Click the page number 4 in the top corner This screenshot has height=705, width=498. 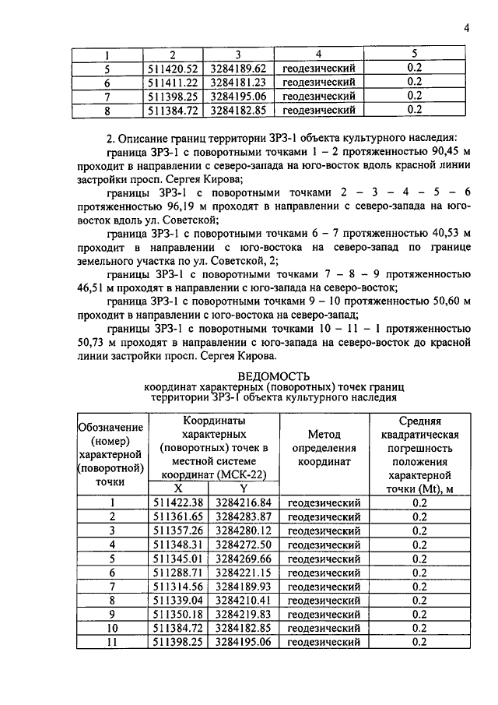coord(466,29)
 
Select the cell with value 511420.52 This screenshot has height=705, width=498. coord(172,68)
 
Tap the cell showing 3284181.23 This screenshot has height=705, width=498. coord(237,82)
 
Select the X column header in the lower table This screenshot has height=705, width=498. coord(179,488)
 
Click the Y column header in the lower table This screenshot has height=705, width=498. coord(243,488)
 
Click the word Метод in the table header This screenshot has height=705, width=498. coord(324,434)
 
